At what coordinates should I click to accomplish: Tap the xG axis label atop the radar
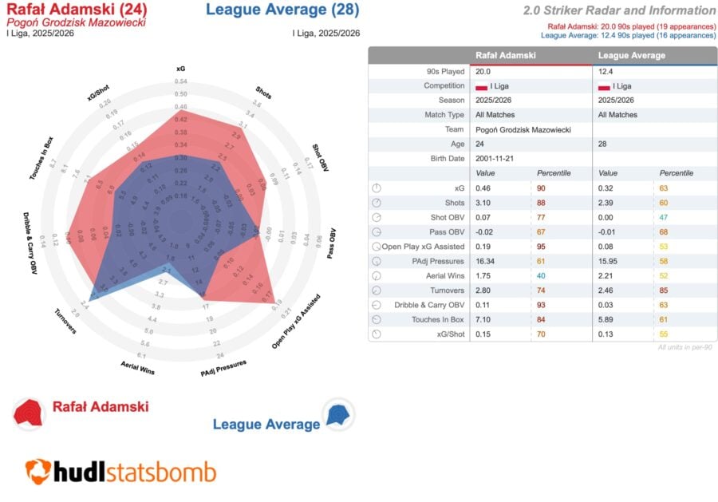(x=181, y=69)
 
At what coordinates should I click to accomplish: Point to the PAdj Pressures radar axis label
(x=224, y=367)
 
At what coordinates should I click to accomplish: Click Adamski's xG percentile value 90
(x=542, y=188)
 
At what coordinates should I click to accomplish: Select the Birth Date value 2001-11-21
(x=493, y=158)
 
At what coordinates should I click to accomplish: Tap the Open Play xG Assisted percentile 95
(x=542, y=246)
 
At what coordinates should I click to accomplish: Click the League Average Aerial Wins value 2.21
(x=609, y=275)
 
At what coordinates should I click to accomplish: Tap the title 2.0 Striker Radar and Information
(x=619, y=10)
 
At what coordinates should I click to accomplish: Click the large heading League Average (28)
(x=282, y=10)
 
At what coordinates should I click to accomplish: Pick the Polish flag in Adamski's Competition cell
(x=481, y=86)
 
